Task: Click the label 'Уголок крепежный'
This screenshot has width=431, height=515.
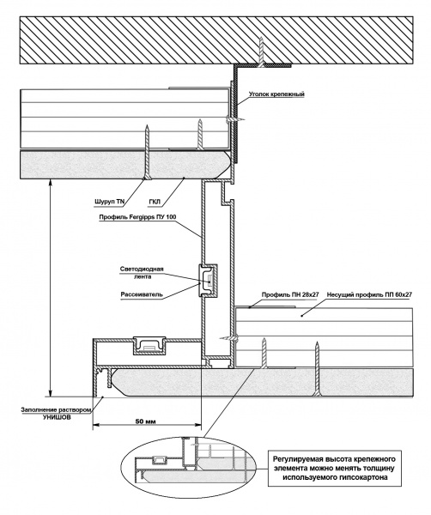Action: point(276,94)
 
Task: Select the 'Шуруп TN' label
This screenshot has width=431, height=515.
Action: point(109,202)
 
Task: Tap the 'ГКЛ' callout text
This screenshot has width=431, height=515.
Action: point(155,202)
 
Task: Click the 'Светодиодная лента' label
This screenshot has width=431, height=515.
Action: point(142,273)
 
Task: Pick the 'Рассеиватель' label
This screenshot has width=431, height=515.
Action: point(142,294)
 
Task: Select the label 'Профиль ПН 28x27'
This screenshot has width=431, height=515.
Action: point(290,294)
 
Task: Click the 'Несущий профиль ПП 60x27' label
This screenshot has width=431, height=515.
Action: point(369,295)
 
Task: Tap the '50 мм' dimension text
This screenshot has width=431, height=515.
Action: point(146,421)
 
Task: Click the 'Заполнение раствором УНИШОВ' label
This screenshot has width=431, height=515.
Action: point(56,414)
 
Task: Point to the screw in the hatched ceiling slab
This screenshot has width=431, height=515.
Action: point(261,52)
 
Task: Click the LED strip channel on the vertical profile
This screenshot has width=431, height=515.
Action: point(208,281)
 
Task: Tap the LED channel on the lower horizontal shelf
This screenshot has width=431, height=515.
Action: point(149,346)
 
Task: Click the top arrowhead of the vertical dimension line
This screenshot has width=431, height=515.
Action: point(50,182)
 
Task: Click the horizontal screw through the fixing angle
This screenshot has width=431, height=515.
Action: point(234,119)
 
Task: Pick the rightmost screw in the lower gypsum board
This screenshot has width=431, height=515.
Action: point(317,368)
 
